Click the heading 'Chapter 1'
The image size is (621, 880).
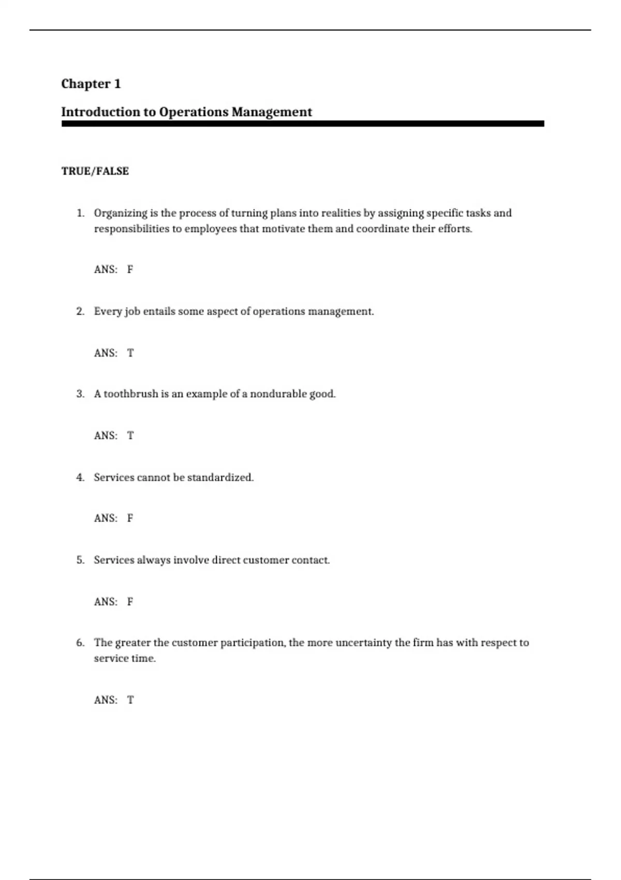[x=91, y=84]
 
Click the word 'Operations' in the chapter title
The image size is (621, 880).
[x=194, y=112]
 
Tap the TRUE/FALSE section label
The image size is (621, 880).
[x=95, y=171]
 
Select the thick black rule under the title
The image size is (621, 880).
[x=303, y=124]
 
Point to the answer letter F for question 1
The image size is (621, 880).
[x=130, y=269]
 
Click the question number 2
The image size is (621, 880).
[x=80, y=312]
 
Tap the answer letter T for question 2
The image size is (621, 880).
[x=130, y=353]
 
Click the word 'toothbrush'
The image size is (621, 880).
[x=130, y=394]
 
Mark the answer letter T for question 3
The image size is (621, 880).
[x=130, y=436]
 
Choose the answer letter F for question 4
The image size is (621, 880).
[x=130, y=518]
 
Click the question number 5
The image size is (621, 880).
[x=80, y=560]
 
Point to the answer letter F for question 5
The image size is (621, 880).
[x=130, y=602]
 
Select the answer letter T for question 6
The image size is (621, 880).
[x=130, y=700]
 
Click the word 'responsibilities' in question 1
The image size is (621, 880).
[x=131, y=229]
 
